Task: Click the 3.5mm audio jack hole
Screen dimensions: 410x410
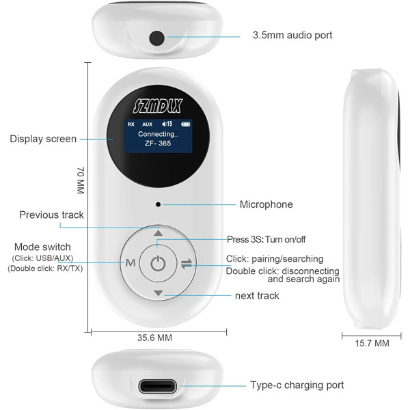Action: tap(157, 38)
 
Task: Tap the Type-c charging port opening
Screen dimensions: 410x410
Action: tap(157, 386)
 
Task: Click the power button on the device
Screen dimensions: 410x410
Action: tap(158, 263)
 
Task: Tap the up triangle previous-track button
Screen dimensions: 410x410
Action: tap(158, 233)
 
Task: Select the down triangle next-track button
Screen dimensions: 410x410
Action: tap(159, 293)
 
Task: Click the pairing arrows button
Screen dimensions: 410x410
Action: tap(187, 264)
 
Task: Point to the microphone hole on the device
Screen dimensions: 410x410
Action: tap(158, 204)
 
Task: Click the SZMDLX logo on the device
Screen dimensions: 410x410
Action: tap(158, 106)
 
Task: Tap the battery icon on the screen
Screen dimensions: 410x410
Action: tap(185, 124)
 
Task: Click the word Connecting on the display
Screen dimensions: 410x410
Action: tap(159, 134)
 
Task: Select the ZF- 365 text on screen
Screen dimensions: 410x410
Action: tap(158, 143)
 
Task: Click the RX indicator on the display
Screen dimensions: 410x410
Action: tap(131, 124)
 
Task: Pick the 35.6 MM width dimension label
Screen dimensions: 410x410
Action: tap(155, 338)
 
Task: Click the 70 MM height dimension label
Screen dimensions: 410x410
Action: tap(81, 180)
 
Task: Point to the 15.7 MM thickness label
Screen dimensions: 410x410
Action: tap(372, 343)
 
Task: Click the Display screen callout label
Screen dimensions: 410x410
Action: tap(43, 139)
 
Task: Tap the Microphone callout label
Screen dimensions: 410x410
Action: tap(266, 204)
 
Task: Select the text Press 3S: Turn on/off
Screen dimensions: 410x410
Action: tap(266, 239)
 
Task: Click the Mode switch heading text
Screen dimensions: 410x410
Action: tap(42, 247)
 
